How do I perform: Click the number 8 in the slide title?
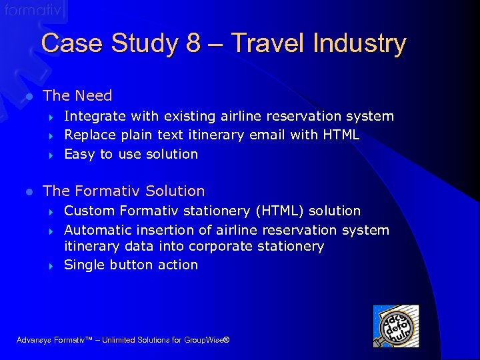(x=193, y=44)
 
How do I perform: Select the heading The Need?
(x=77, y=96)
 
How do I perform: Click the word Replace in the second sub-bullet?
(x=90, y=135)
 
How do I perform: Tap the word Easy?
(x=79, y=154)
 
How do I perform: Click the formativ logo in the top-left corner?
(x=33, y=10)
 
